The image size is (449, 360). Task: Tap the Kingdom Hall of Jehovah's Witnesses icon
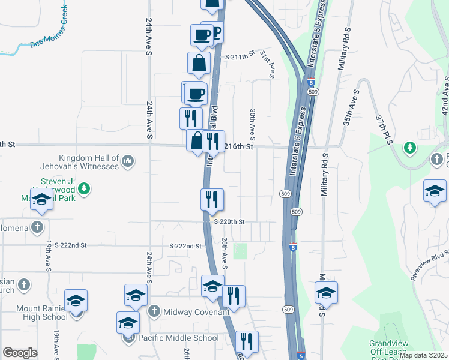coord(128,161)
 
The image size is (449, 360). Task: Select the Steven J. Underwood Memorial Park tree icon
coord(85,188)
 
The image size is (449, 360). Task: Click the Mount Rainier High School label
coord(42,313)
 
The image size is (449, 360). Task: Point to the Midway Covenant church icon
coord(154,311)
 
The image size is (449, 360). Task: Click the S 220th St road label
coord(229,221)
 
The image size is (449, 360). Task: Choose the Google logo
coord(20,353)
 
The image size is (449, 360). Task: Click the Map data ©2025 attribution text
coord(423,355)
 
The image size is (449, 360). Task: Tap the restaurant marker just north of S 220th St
coord(211,199)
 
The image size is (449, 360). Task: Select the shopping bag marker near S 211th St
coord(199,63)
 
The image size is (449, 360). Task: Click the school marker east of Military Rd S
coord(326,292)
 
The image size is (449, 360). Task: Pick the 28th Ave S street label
coord(224,253)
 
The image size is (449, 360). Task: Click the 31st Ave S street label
coord(267,64)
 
